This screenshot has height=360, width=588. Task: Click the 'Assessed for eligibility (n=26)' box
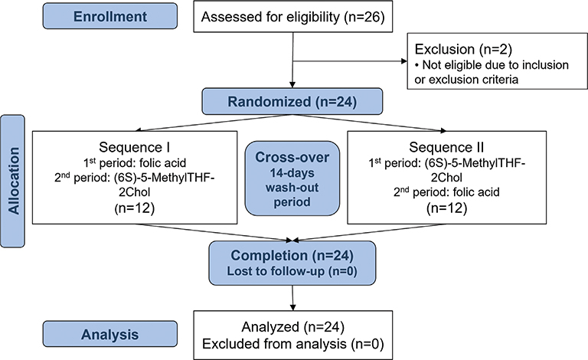294,16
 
